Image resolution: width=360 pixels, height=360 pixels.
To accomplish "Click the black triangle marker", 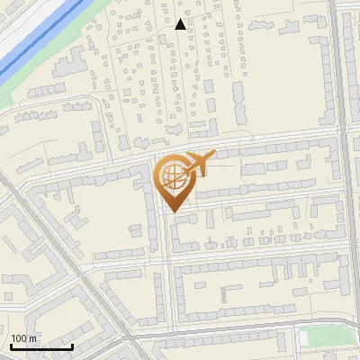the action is point(180,24).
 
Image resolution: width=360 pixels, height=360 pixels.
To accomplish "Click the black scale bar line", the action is point(41,346).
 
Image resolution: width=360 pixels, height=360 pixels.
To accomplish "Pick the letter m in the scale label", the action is point(33,338).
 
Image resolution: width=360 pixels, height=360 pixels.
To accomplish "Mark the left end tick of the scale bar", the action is point(11,345).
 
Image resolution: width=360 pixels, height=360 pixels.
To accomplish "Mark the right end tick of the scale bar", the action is point(72,345).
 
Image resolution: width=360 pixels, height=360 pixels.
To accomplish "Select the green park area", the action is point(328,337).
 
